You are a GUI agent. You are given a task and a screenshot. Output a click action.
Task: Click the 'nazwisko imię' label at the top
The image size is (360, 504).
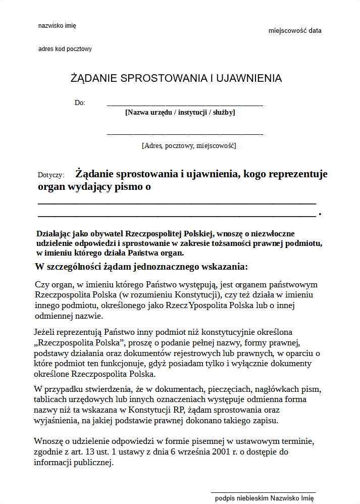click(57, 25)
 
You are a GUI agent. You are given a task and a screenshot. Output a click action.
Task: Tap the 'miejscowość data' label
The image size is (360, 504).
click(295, 31)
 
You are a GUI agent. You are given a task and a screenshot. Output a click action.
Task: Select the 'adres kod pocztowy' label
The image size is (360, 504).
click(65, 49)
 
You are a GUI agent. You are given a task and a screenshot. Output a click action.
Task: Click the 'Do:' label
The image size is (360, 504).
click(80, 103)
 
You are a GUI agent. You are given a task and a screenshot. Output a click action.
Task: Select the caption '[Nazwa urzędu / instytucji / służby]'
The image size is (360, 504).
click(180, 112)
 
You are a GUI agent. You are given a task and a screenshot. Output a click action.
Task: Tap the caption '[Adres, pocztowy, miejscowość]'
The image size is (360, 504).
click(189, 146)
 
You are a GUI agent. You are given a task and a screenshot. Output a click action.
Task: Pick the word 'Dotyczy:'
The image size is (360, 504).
click(51, 175)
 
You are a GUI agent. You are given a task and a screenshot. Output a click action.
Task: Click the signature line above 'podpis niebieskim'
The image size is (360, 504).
click(263, 491)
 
